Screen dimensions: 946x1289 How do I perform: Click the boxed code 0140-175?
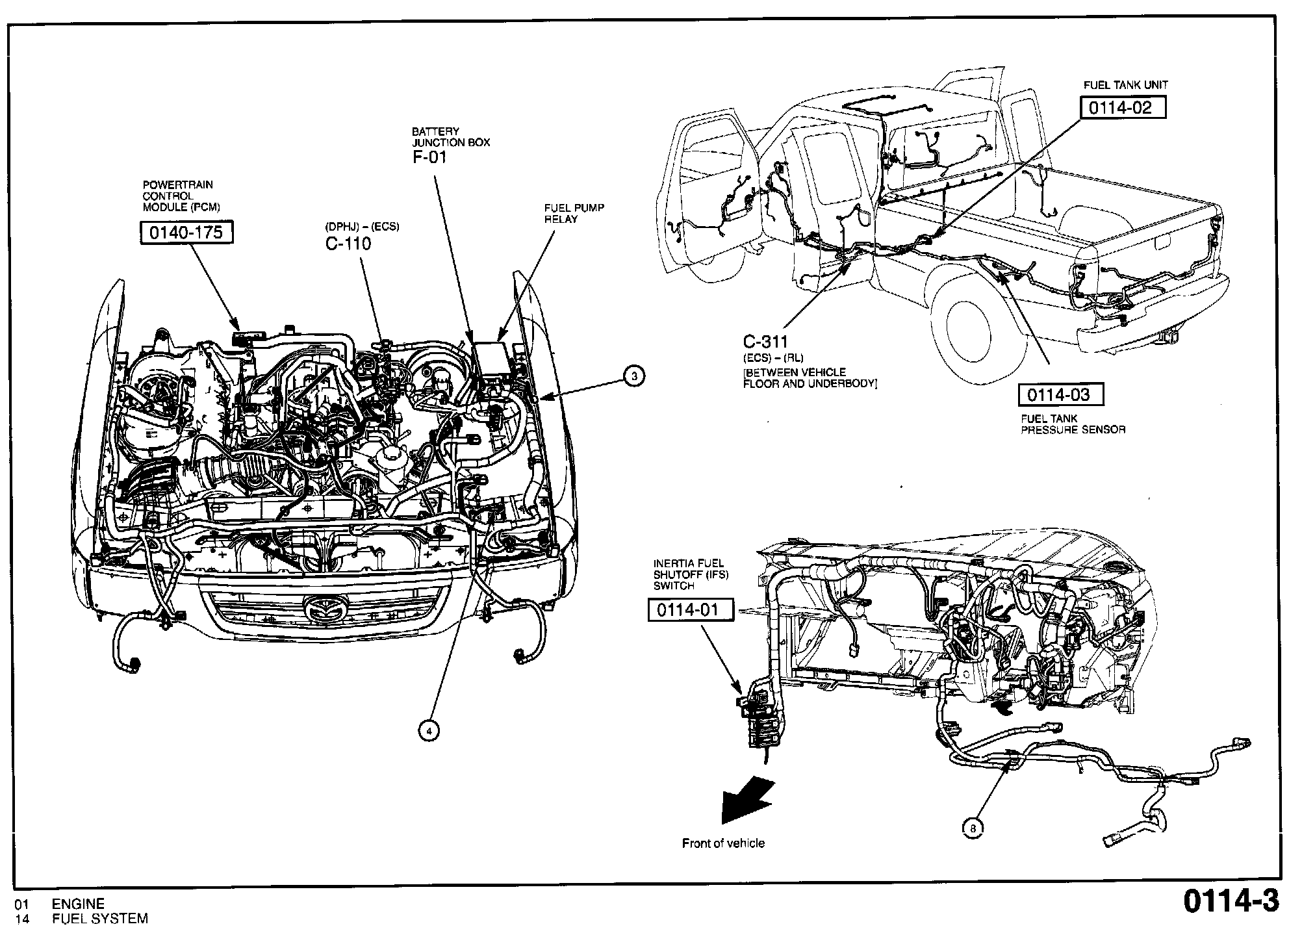[x=186, y=232]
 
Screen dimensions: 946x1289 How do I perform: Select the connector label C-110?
[x=348, y=244]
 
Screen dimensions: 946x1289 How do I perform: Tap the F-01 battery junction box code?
[x=429, y=157]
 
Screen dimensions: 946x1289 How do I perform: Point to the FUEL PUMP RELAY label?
[x=574, y=213]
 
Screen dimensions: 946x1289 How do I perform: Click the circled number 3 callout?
[x=634, y=376]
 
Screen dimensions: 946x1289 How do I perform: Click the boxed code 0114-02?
[x=1123, y=107]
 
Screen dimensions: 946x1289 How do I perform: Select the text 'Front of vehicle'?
[x=723, y=843]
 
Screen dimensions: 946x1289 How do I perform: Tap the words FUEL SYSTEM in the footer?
[x=100, y=919]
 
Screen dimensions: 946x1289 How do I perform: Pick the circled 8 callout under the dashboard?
[x=973, y=828]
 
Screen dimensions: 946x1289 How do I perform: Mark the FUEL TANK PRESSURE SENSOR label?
[x=1073, y=424]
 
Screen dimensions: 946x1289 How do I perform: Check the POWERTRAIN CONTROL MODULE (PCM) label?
[x=181, y=196]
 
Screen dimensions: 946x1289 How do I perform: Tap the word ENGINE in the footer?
[x=78, y=904]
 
